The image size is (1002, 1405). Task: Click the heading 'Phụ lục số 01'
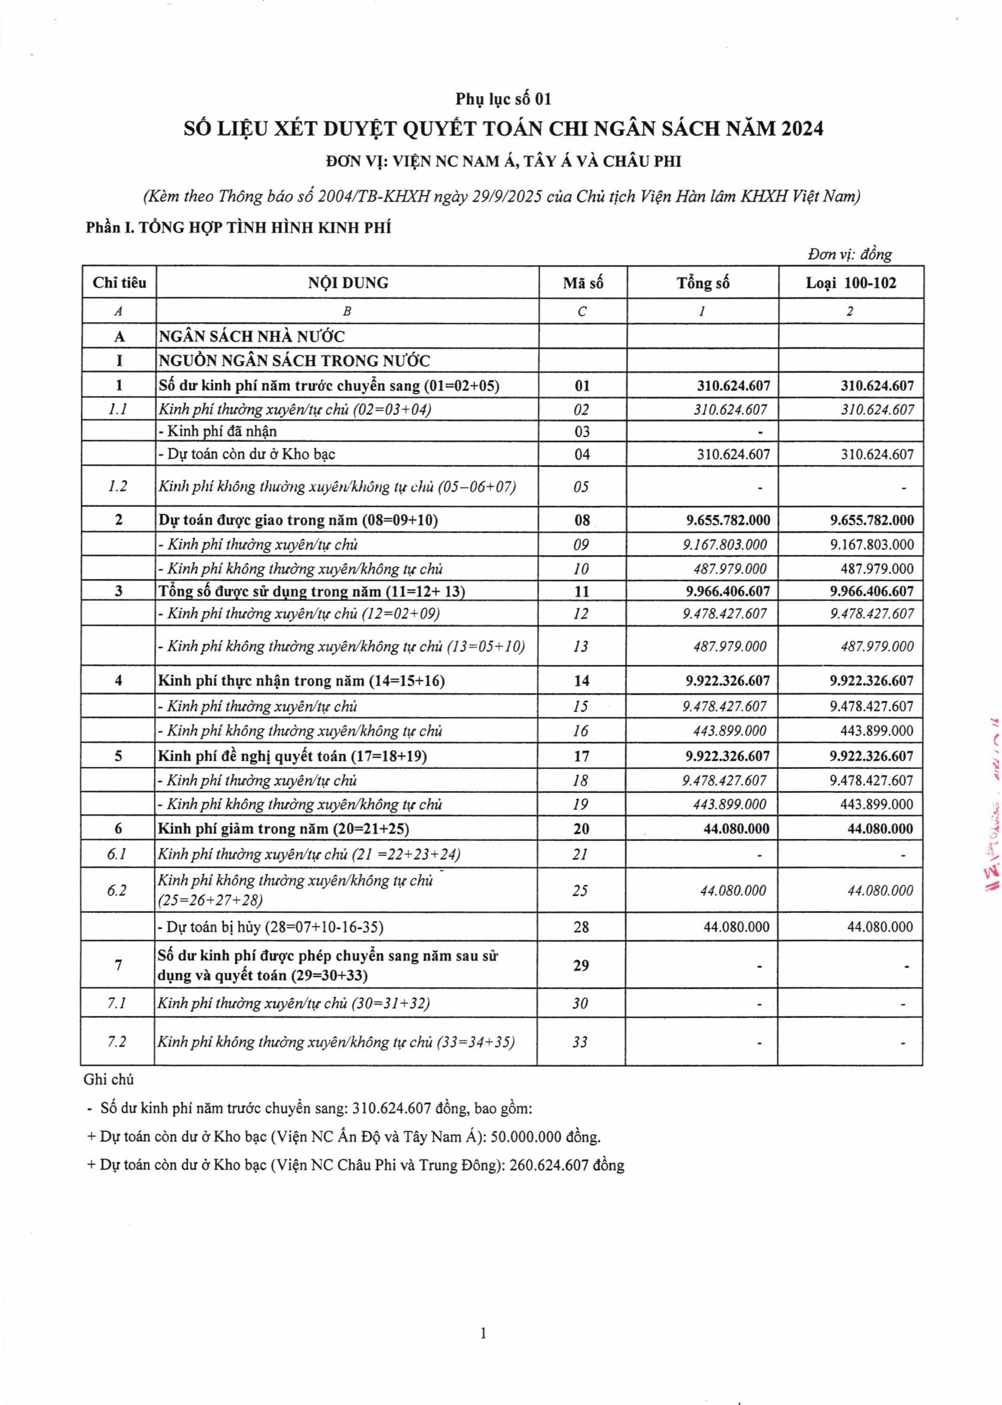click(x=503, y=99)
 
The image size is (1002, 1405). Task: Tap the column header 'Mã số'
click(x=582, y=283)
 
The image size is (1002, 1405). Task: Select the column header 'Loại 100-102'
click(x=851, y=283)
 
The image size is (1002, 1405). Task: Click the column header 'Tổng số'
click(x=703, y=283)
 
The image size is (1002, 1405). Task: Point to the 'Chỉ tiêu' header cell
click(x=119, y=283)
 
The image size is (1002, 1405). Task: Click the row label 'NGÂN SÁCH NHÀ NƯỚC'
click(x=252, y=337)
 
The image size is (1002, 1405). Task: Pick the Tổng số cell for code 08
click(x=728, y=520)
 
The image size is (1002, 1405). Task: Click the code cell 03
click(x=582, y=431)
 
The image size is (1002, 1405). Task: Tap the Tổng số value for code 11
click(x=728, y=591)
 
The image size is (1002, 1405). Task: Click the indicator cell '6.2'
click(x=117, y=891)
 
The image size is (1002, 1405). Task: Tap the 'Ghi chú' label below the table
click(x=108, y=1080)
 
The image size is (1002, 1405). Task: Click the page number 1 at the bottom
click(x=483, y=1333)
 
